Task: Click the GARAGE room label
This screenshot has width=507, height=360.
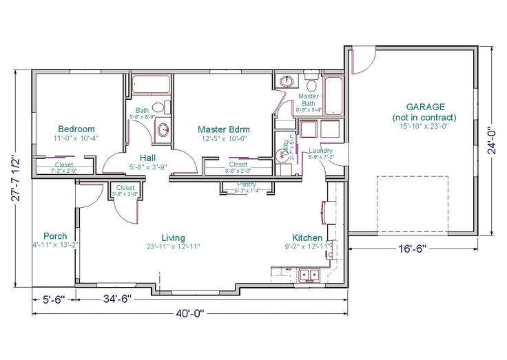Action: pyautogui.click(x=425, y=107)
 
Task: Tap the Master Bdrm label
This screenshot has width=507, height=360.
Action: pyautogui.click(x=223, y=129)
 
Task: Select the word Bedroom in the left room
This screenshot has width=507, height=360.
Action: pyautogui.click(x=76, y=129)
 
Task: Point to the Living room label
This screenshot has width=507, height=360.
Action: pyautogui.click(x=173, y=237)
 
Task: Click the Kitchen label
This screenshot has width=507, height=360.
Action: pyautogui.click(x=307, y=237)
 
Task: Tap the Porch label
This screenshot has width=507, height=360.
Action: pyautogui.click(x=55, y=235)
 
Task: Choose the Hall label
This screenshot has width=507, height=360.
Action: pyautogui.click(x=147, y=157)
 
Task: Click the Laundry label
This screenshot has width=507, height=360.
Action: pyautogui.click(x=322, y=151)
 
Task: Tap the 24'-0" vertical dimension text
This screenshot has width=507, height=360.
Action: pyautogui.click(x=490, y=141)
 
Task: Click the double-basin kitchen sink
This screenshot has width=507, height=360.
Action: pyautogui.click(x=309, y=275)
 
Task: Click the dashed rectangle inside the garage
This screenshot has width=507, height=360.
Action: pyautogui.click(x=412, y=204)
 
